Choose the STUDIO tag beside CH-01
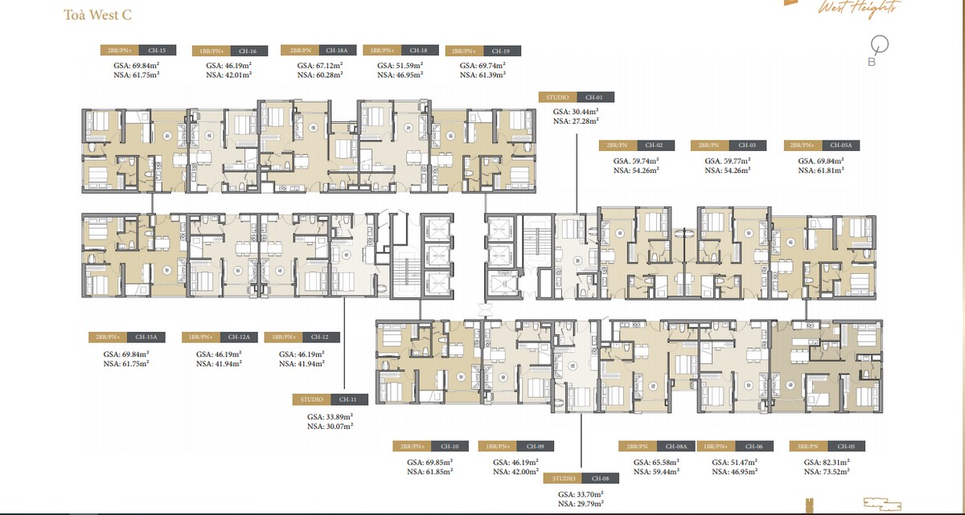click(x=557, y=97)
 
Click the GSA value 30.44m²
click(x=576, y=111)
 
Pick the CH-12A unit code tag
click(x=239, y=337)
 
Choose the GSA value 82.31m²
click(x=827, y=463)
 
